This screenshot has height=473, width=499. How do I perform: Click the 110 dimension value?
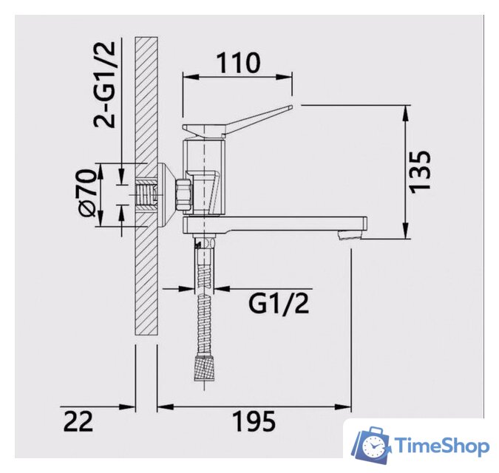[x=237, y=63]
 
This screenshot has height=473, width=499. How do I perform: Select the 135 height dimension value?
[x=421, y=172]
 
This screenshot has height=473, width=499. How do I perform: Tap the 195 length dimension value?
[x=254, y=422]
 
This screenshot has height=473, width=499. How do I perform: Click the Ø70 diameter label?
[x=87, y=194]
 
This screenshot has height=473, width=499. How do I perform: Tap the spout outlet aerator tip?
[x=349, y=235]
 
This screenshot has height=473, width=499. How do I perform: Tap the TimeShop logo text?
[x=442, y=446]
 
